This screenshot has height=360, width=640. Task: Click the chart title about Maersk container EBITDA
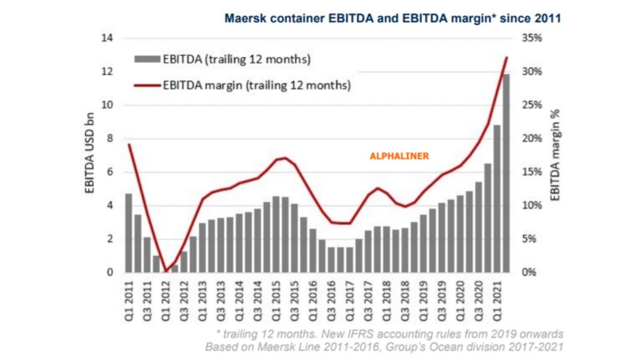coord(392,18)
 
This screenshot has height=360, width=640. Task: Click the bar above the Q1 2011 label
coord(129,233)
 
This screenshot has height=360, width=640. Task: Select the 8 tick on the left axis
coord(110,139)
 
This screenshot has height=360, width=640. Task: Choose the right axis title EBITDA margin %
coord(555,155)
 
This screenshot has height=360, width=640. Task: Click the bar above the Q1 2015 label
coord(276,234)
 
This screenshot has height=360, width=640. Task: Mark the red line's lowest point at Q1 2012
coord(166,272)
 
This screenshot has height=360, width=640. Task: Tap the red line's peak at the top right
coord(506,57)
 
